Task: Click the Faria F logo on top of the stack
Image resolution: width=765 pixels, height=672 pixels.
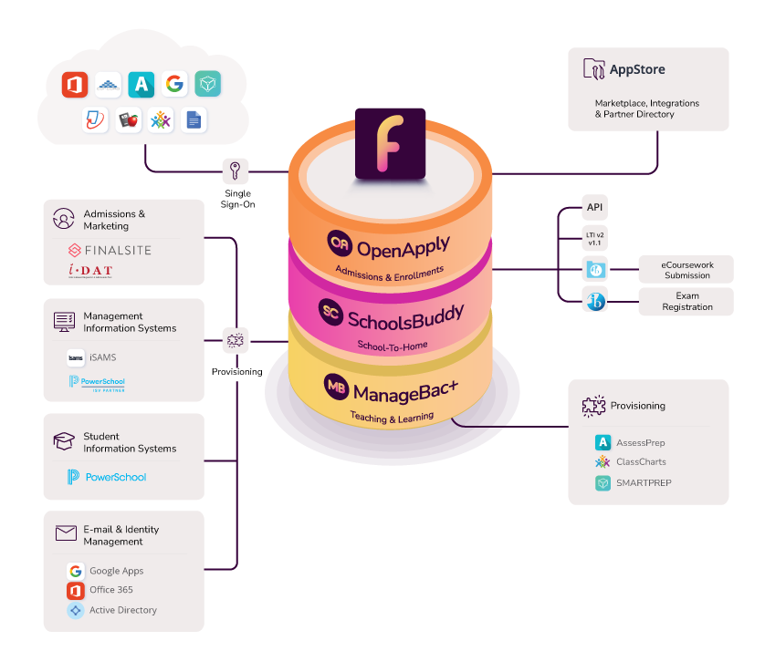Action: [x=390, y=143]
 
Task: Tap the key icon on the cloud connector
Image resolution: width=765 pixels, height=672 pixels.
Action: [x=236, y=171]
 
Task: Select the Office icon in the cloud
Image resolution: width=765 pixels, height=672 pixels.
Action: [x=74, y=85]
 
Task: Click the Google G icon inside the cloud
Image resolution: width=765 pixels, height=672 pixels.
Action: [x=174, y=85]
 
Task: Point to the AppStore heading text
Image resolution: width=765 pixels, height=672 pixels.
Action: [x=637, y=69]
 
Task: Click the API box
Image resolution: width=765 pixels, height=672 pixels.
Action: [x=595, y=207]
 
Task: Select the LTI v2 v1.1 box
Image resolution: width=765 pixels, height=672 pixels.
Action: [x=595, y=239]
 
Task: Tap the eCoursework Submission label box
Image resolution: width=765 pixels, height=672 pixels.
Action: [x=686, y=270]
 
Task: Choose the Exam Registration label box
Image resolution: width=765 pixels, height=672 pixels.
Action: [x=686, y=301]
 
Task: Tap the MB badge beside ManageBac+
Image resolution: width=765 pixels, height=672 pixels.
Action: [x=337, y=386]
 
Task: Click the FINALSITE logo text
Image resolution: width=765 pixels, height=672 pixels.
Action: [x=110, y=250]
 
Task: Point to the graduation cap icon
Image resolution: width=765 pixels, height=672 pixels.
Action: [x=64, y=442]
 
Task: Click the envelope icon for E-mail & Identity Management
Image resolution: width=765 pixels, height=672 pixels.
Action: [x=65, y=533]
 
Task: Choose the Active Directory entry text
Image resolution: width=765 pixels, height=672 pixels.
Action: [x=123, y=610]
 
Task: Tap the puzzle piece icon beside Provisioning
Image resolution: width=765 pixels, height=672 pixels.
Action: [x=594, y=406]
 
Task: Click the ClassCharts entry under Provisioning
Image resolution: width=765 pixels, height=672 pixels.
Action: [x=641, y=462]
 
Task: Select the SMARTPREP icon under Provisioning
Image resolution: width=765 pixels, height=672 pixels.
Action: [x=603, y=483]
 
